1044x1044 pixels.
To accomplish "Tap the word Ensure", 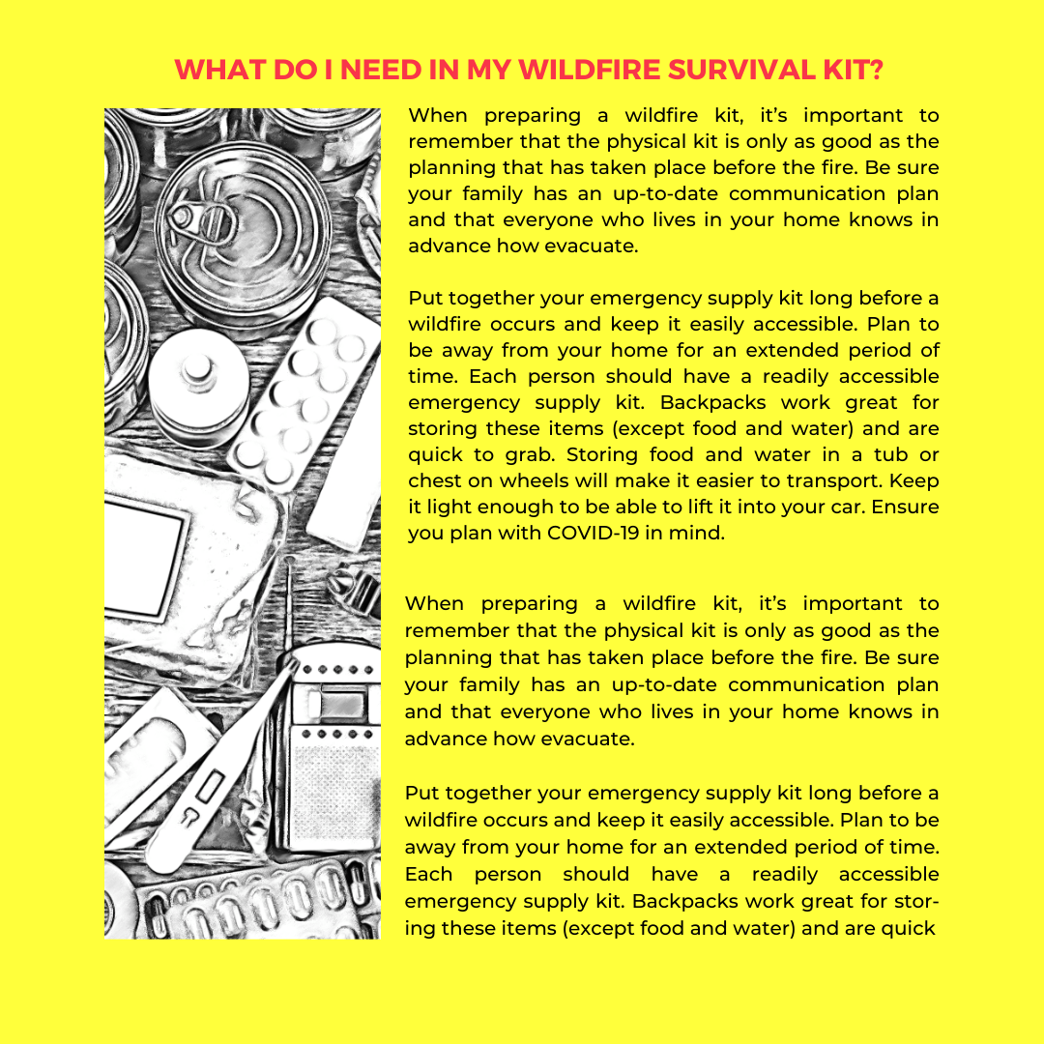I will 905,507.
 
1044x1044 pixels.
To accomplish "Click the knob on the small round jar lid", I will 199,368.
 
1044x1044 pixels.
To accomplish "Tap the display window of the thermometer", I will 208,794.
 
